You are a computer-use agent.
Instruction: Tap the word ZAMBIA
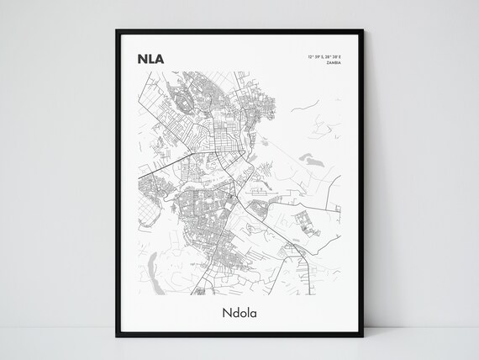click(x=334, y=64)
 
